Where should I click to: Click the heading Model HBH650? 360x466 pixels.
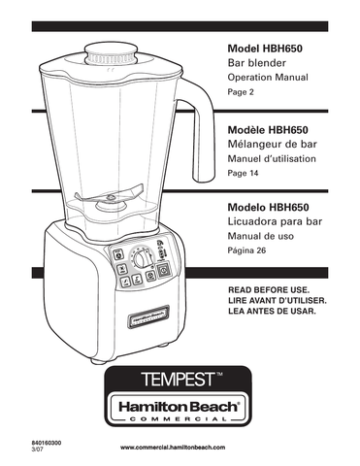tap(270, 48)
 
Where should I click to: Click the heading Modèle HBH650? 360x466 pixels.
tap(272, 129)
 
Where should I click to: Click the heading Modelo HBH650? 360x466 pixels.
tap(273, 208)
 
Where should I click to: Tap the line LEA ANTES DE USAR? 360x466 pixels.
tap(271, 312)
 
